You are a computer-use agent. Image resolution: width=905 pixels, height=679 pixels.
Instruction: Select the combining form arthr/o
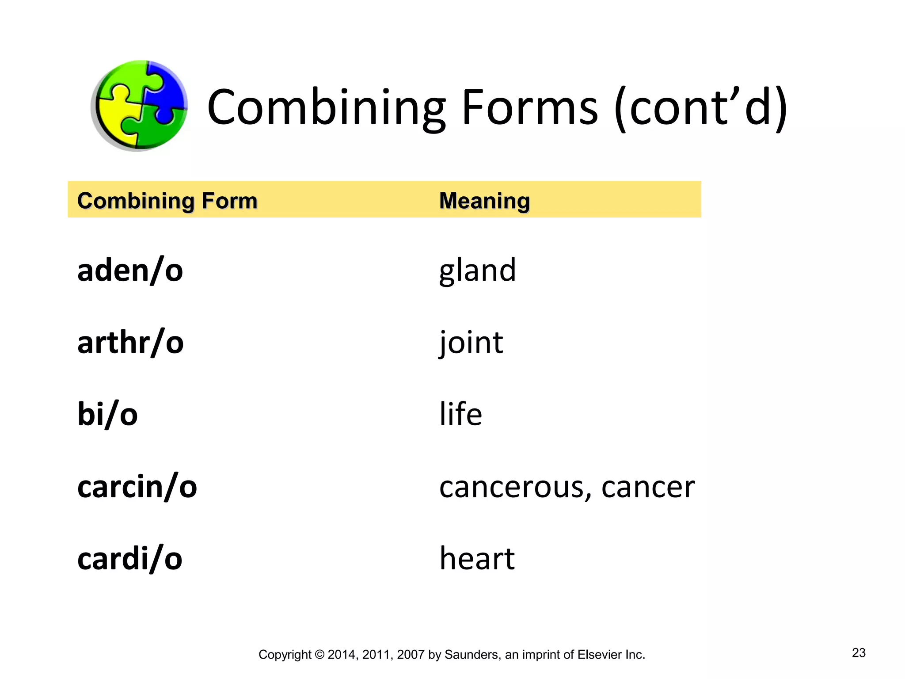click(130, 342)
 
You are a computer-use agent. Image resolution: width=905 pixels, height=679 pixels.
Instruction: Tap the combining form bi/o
click(107, 414)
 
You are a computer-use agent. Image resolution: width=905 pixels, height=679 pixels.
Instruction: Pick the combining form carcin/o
click(137, 486)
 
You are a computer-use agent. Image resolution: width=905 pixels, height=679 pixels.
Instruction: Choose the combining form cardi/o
click(129, 558)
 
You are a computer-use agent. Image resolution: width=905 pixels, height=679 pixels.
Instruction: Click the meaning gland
click(477, 270)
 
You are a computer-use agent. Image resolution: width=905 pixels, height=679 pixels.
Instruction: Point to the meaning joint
click(471, 342)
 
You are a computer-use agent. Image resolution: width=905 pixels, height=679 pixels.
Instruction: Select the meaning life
click(460, 414)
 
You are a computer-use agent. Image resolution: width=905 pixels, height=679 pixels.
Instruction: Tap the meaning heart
click(477, 558)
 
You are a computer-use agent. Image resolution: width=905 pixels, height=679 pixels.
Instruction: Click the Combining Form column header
click(167, 201)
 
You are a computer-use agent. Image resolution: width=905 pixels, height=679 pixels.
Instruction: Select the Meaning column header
click(484, 201)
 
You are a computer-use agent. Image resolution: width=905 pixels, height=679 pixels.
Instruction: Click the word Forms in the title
click(529, 107)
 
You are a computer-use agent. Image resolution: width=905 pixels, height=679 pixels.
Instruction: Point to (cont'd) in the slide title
click(701, 107)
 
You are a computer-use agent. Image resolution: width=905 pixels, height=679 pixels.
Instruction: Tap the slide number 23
click(859, 652)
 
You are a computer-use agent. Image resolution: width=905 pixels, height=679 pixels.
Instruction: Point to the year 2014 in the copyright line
click(342, 655)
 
